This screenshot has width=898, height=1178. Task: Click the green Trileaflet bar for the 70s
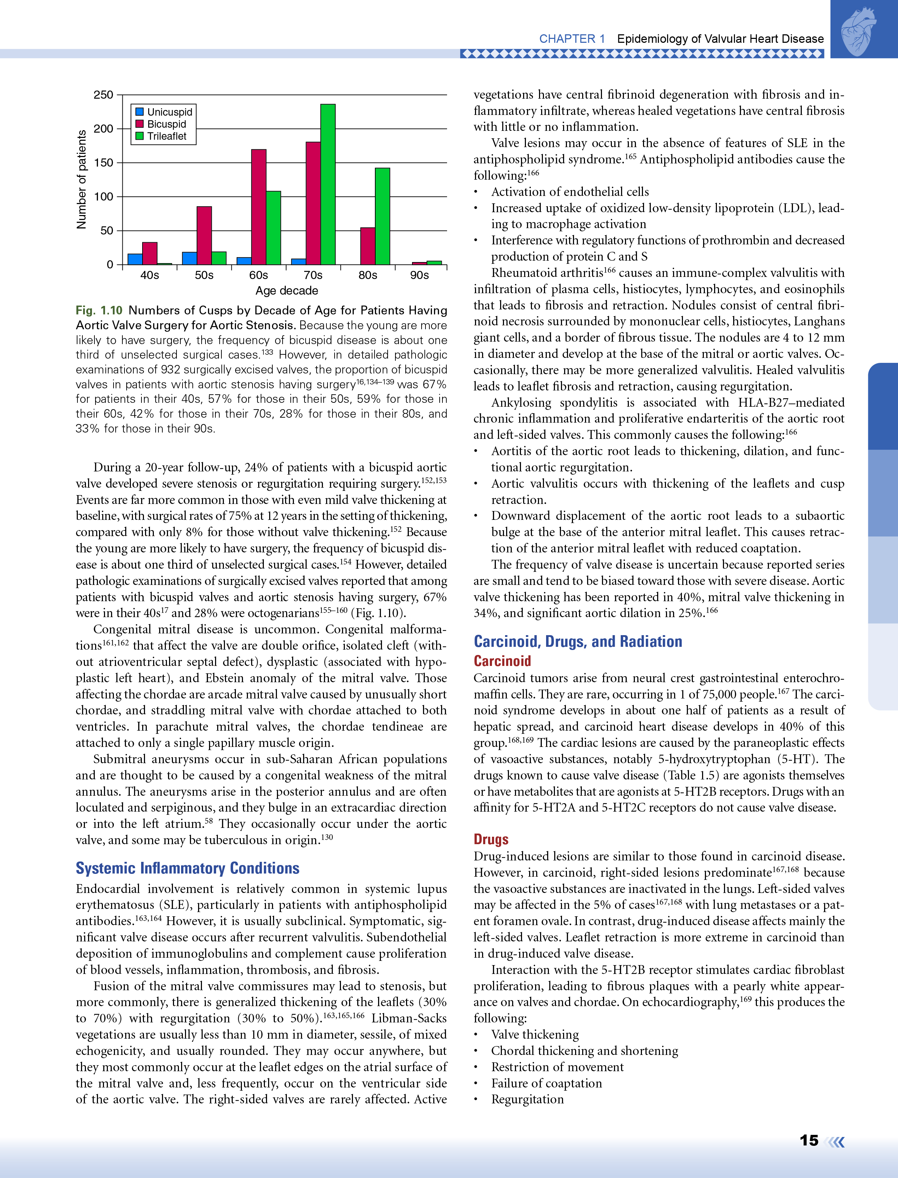coord(328,184)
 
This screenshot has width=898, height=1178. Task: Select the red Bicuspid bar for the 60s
coord(259,207)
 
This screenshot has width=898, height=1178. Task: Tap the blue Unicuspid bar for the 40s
coord(135,259)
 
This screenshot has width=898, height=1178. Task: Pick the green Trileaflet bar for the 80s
coord(382,216)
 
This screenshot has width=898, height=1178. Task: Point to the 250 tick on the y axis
coord(103,95)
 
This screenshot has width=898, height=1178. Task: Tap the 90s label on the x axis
coord(419,275)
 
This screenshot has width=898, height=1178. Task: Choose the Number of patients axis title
coord(81,180)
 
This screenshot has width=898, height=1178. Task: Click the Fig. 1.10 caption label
coord(99,311)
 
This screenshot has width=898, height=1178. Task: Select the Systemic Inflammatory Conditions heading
coord(187,868)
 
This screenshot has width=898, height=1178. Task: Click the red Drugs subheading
coord(491,840)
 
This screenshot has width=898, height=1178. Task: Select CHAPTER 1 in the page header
coord(572,39)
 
